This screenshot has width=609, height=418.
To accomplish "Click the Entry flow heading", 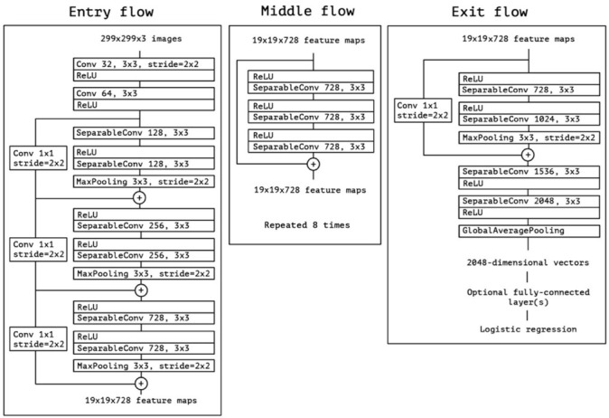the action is pyautogui.click(x=111, y=12).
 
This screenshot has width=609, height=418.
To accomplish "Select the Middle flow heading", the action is pyautogui.click(x=307, y=11).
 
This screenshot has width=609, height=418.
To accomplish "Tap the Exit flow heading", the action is pyautogui.click(x=490, y=12).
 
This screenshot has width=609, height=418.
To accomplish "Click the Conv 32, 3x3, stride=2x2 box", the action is pyautogui.click(x=144, y=64).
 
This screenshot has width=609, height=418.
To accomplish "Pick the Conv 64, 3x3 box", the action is pyautogui.click(x=144, y=93).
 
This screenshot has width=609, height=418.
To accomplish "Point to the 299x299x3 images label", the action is pyautogui.click(x=141, y=39).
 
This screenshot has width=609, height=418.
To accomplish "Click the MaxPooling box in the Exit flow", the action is pyautogui.click(x=529, y=138).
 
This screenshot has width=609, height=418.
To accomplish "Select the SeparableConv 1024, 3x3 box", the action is pyautogui.click(x=529, y=119).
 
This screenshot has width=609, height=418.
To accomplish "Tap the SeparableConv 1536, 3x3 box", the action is pyautogui.click(x=529, y=172).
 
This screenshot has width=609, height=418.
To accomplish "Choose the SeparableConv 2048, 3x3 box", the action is pyautogui.click(x=529, y=201).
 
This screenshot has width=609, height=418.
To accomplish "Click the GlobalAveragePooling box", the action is pyautogui.click(x=529, y=231).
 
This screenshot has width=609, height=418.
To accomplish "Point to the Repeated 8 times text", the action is pyautogui.click(x=307, y=224).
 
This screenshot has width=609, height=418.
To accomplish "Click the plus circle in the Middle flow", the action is pyautogui.click(x=314, y=164).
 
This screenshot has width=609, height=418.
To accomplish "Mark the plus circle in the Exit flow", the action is pyautogui.click(x=528, y=155).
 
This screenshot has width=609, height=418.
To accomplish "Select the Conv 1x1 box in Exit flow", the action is pyautogui.click(x=423, y=110).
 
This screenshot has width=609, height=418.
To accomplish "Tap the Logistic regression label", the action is pyautogui.click(x=529, y=329).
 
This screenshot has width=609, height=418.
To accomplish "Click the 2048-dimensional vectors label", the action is pyautogui.click(x=528, y=262).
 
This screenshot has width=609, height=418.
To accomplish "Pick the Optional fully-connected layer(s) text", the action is pyautogui.click(x=529, y=297).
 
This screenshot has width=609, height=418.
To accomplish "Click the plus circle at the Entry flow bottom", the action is pyautogui.click(x=141, y=384).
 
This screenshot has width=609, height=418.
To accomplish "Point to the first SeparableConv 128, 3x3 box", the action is pyautogui.click(x=144, y=133).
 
